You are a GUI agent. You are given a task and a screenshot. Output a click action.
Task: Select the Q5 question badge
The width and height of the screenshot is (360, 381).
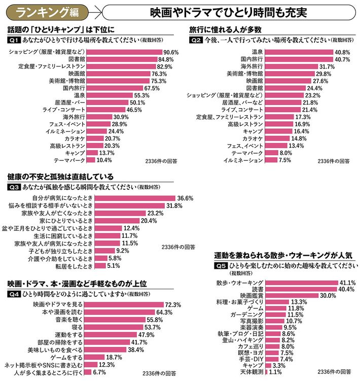221,265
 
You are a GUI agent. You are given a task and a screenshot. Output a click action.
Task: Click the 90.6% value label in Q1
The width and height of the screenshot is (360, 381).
171,52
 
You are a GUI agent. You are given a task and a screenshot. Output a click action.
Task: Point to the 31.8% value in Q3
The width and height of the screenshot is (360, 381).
174,205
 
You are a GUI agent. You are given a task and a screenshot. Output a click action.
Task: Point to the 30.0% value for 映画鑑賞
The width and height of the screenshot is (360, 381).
328,295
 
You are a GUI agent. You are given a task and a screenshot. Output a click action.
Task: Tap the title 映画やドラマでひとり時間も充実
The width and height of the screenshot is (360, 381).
230,11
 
